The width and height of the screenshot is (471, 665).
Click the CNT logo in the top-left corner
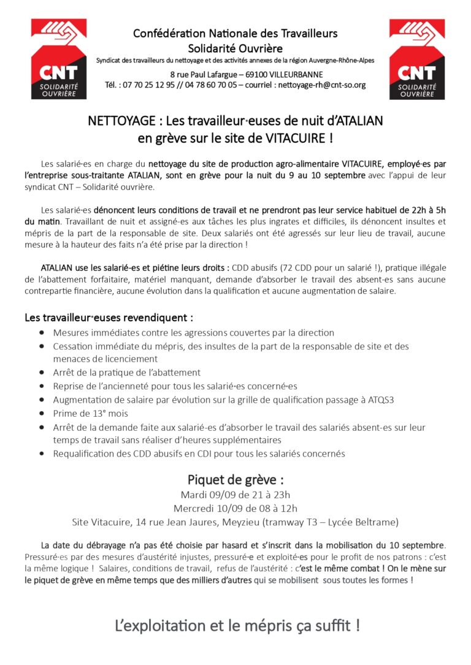[59, 59]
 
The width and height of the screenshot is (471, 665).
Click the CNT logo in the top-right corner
[417, 59]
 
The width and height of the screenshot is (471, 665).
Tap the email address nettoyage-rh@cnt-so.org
[322, 85]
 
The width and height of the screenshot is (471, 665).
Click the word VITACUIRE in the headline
[295, 138]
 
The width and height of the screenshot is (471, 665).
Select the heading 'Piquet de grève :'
[235, 479]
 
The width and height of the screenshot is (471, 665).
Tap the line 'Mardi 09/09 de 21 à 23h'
[235, 495]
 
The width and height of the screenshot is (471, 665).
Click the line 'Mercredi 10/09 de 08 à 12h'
[235, 508]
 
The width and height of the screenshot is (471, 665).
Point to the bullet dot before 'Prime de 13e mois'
[42, 414]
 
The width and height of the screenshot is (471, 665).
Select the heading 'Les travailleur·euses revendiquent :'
[109, 317]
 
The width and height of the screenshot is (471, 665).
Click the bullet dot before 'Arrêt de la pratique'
[42, 373]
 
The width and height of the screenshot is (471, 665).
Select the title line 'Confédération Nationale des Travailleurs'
[235, 33]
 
